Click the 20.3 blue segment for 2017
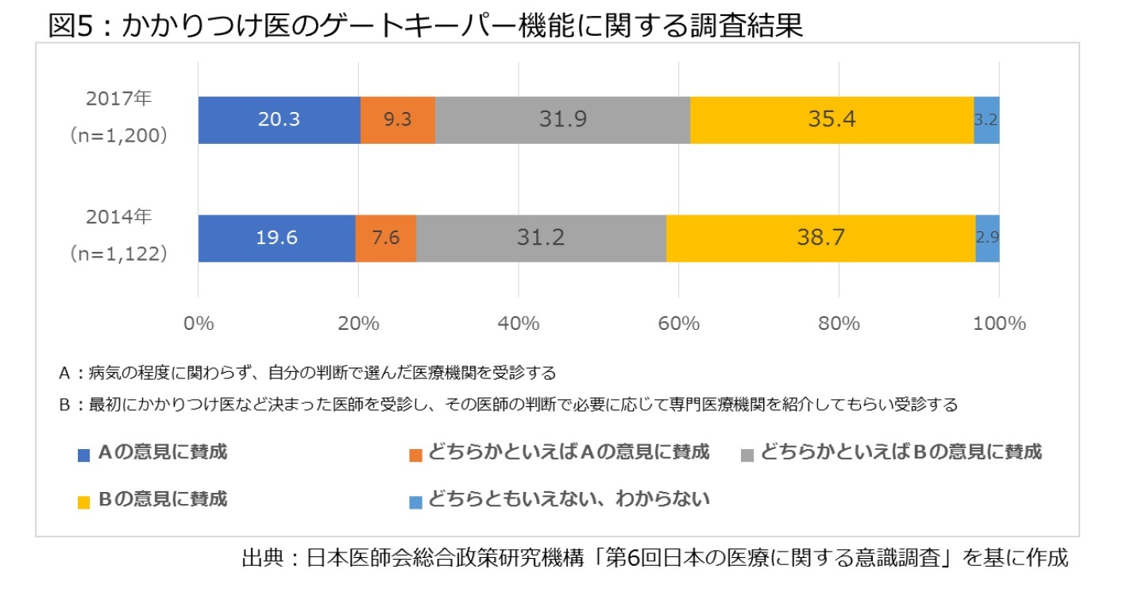point(279,120)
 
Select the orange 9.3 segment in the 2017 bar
point(397,120)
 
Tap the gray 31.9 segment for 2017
point(562,120)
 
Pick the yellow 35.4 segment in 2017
point(832,120)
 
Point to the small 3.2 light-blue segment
point(986,120)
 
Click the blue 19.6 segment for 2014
point(276,238)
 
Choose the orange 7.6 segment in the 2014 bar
point(385,238)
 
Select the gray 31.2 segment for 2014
point(541,238)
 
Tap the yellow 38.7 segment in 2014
point(820,238)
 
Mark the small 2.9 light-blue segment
point(987,238)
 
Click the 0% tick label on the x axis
point(198,324)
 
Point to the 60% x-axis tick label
point(678,324)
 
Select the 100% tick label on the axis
point(999,324)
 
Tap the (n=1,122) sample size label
point(118,254)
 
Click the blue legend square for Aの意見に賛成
point(83,455)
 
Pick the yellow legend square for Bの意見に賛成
point(83,502)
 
